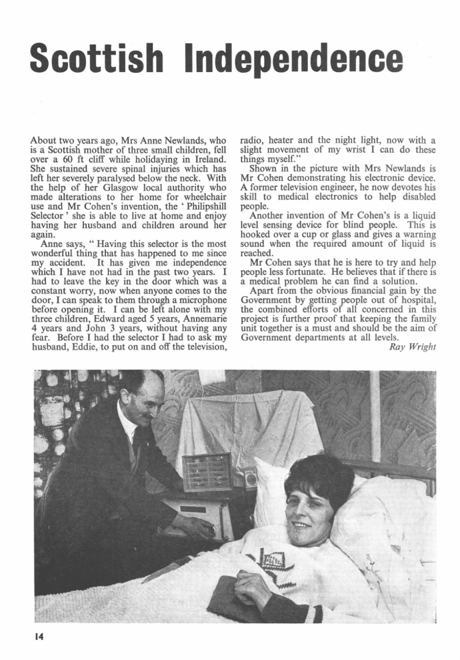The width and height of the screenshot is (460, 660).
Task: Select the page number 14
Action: pyautogui.click(x=39, y=637)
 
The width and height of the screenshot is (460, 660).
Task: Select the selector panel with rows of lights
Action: pyautogui.click(x=206, y=472)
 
